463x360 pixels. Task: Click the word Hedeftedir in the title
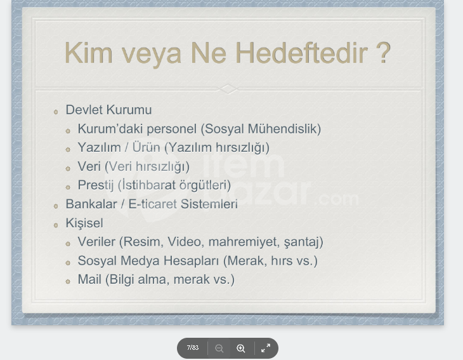coord(301,53)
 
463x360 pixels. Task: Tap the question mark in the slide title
coord(384,53)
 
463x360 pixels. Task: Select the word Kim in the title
coord(89,53)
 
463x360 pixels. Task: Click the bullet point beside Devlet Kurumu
coord(56,112)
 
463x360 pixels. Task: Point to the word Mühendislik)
coord(284,129)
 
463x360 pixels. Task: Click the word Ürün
coord(146,147)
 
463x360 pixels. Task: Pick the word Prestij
coord(96,185)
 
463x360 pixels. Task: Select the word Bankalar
coord(91,204)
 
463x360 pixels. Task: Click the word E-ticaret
coord(153,204)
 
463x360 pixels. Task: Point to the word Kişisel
coord(84,223)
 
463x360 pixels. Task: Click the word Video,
coord(185,242)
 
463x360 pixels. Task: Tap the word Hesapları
coord(192,261)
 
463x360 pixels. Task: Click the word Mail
coord(89,279)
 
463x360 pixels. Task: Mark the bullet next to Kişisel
coord(56,225)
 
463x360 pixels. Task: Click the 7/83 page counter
coord(193,347)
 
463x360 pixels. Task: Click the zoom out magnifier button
coord(219,348)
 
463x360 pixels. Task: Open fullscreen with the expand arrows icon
coord(266,348)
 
